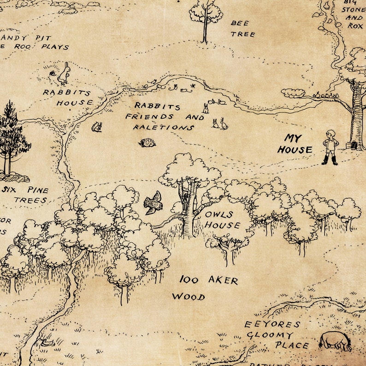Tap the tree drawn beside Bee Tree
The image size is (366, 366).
pos(206,18)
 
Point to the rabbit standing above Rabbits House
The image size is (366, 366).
pos(65,74)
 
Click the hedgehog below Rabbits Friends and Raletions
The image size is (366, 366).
pos(147,143)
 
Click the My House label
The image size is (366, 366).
pos(295,144)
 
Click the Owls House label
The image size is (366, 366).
pos(223,220)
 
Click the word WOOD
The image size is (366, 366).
pos(189,296)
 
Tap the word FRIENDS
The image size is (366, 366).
pos(149,116)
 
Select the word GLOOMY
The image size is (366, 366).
pos(270,335)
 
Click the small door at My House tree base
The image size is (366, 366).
pos(354,145)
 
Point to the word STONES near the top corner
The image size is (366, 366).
pos(355,10)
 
